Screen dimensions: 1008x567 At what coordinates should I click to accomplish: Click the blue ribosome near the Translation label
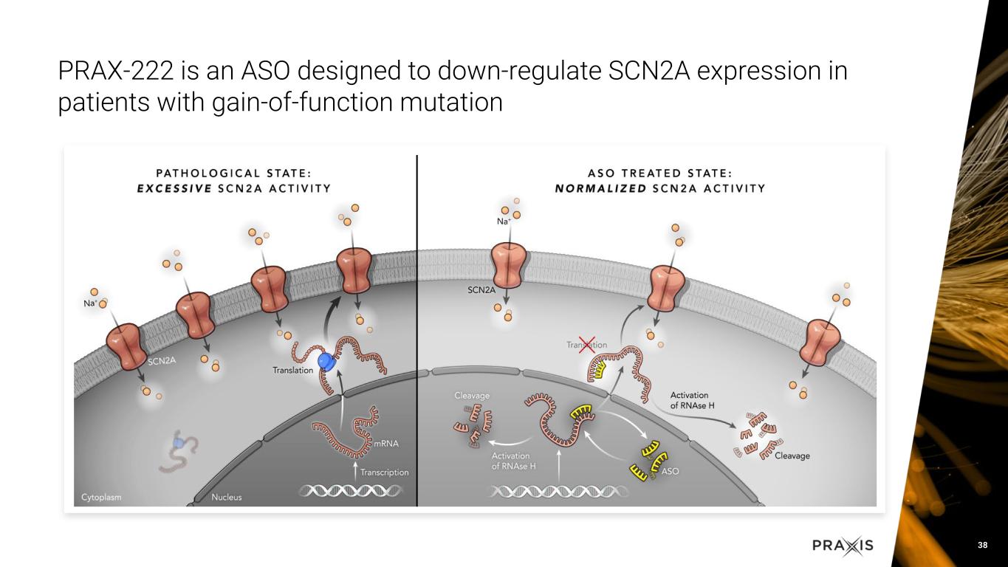click(326, 361)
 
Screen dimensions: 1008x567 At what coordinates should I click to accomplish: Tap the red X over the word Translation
click(587, 345)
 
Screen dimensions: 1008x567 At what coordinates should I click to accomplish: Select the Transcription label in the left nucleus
click(384, 472)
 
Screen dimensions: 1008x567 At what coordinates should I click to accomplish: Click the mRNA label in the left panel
click(386, 443)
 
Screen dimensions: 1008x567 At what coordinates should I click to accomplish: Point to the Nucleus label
click(227, 498)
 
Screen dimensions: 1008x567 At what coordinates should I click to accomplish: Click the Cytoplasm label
click(101, 498)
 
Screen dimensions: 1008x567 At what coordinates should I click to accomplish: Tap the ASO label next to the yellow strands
click(670, 471)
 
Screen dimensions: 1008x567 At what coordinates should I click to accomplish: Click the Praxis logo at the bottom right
click(843, 546)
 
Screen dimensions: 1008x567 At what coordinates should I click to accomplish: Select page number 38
click(982, 545)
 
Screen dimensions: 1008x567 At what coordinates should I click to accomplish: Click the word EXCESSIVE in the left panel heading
click(174, 188)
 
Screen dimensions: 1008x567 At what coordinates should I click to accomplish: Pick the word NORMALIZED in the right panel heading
click(601, 188)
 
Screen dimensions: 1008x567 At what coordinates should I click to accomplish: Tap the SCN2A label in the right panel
click(481, 290)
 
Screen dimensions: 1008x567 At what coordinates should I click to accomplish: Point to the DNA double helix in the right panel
click(559, 492)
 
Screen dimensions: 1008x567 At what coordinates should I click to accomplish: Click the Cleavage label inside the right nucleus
click(472, 396)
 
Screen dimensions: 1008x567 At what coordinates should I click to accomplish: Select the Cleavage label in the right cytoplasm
click(792, 456)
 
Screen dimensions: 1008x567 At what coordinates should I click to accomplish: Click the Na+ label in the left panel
click(90, 303)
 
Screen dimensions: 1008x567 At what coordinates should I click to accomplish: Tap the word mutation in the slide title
click(451, 102)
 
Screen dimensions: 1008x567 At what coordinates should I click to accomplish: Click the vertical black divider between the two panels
click(416, 331)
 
